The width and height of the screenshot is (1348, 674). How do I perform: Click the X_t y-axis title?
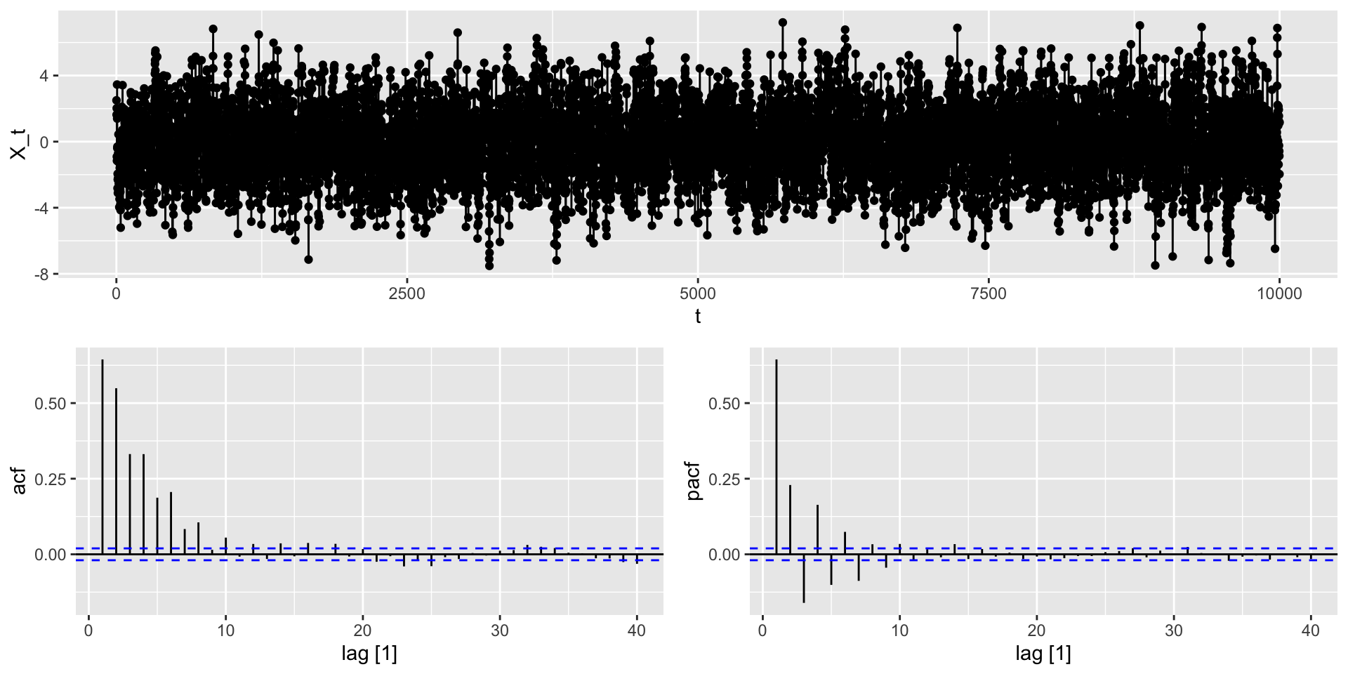click(19, 143)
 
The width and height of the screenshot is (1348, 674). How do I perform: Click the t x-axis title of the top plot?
click(697, 317)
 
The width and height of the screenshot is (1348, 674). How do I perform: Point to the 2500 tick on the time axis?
click(407, 293)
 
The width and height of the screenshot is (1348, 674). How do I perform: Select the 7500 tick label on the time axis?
click(988, 293)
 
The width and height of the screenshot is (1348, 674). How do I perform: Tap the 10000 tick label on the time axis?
click(1278, 293)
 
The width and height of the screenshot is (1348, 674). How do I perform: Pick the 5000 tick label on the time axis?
click(697, 293)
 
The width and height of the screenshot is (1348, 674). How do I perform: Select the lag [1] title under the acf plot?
click(369, 654)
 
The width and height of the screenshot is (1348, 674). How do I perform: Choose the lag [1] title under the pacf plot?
click(1043, 654)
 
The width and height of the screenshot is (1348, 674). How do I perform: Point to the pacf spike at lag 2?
click(790, 520)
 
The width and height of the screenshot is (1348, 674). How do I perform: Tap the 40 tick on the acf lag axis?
click(637, 631)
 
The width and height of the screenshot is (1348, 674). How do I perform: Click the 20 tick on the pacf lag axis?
click(1037, 631)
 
